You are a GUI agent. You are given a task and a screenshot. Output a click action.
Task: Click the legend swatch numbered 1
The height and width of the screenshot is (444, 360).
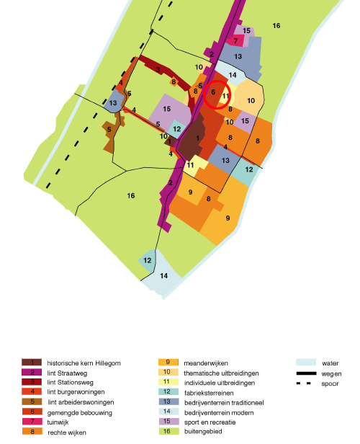(x=32, y=362)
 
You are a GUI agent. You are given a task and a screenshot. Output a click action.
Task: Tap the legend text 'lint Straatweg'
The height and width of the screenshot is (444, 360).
(x=67, y=373)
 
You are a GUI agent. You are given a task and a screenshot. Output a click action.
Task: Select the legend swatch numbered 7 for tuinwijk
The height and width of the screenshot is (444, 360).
(x=32, y=422)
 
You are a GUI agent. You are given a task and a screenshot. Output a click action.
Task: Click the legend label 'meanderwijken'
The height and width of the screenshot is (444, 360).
(x=206, y=363)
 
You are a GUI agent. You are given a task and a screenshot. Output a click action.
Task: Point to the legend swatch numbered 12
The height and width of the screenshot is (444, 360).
(x=168, y=391)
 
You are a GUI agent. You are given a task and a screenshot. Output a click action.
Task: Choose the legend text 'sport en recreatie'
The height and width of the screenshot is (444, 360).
(x=210, y=422)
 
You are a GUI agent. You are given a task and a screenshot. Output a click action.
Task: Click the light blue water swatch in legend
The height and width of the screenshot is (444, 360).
(x=306, y=362)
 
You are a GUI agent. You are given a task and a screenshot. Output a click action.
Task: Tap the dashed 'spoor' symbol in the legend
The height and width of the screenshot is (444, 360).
(x=304, y=383)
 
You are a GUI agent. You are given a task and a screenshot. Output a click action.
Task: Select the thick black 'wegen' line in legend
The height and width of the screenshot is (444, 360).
(x=306, y=373)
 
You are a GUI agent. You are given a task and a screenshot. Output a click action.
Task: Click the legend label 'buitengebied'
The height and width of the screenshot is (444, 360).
(x=203, y=432)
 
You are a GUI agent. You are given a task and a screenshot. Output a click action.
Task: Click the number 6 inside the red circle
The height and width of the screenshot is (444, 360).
(x=213, y=92)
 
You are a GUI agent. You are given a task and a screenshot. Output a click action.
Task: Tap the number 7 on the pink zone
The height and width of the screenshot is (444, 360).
(x=235, y=41)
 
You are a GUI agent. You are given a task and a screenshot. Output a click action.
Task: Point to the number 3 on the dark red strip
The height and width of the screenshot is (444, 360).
(x=158, y=69)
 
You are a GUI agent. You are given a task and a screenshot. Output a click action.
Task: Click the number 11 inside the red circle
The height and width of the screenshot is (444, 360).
(x=225, y=96)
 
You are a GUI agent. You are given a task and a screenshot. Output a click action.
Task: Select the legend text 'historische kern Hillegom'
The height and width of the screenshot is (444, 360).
(x=84, y=363)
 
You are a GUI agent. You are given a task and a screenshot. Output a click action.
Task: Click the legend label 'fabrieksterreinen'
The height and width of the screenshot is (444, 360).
(x=209, y=393)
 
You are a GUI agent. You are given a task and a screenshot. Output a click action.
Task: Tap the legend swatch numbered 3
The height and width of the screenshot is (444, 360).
(x=32, y=382)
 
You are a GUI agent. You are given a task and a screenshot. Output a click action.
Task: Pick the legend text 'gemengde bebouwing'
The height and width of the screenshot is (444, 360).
(x=80, y=413)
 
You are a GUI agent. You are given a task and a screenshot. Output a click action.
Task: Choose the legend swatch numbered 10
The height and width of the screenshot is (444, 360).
(x=168, y=372)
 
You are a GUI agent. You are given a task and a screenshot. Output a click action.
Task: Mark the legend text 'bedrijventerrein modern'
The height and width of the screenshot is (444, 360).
(x=219, y=413)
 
